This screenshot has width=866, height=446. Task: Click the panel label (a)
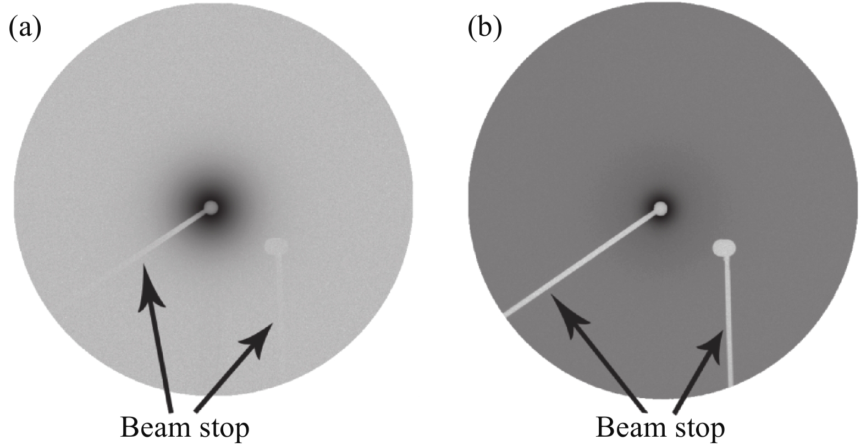point(25,29)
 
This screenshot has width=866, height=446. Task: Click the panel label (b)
point(485,29)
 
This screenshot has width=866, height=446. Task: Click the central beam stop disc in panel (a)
point(211,208)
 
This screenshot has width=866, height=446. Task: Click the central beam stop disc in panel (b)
point(660,209)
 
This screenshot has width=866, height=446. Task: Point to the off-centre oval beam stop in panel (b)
point(724,247)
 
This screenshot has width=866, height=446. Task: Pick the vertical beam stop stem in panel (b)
point(728,322)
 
